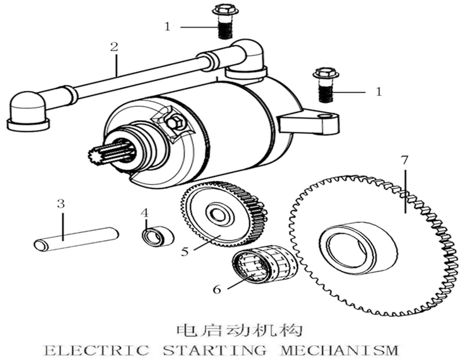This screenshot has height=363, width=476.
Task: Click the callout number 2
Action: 114,47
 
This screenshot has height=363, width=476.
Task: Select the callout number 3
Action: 61,204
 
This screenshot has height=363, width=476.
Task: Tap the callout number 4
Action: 145,213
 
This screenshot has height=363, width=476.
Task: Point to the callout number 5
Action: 185,251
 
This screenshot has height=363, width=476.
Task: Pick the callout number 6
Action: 217,289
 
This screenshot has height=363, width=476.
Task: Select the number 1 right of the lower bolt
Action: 379,92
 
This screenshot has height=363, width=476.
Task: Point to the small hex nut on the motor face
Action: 175,123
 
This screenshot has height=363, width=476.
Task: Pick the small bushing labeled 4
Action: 158,237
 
